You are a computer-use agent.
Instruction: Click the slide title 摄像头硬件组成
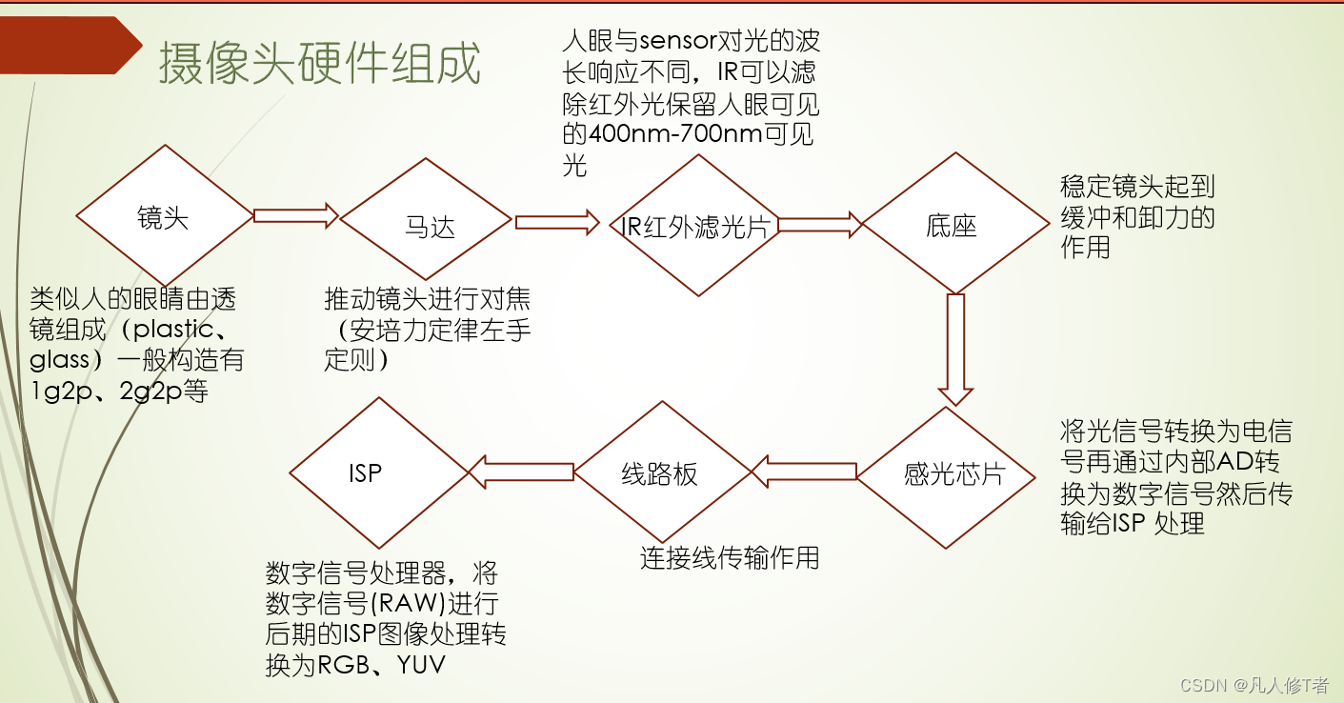coord(319,64)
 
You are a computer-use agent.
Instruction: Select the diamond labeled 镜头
coord(164,218)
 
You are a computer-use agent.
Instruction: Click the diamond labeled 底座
coord(952,226)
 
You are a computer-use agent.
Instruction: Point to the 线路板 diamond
coord(659,473)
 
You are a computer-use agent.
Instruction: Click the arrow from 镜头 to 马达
coord(295,216)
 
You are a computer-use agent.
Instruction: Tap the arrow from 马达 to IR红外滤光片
coord(557,223)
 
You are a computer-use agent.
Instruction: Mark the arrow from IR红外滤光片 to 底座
coord(820,225)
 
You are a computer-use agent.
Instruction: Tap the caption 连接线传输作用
coord(729,557)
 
